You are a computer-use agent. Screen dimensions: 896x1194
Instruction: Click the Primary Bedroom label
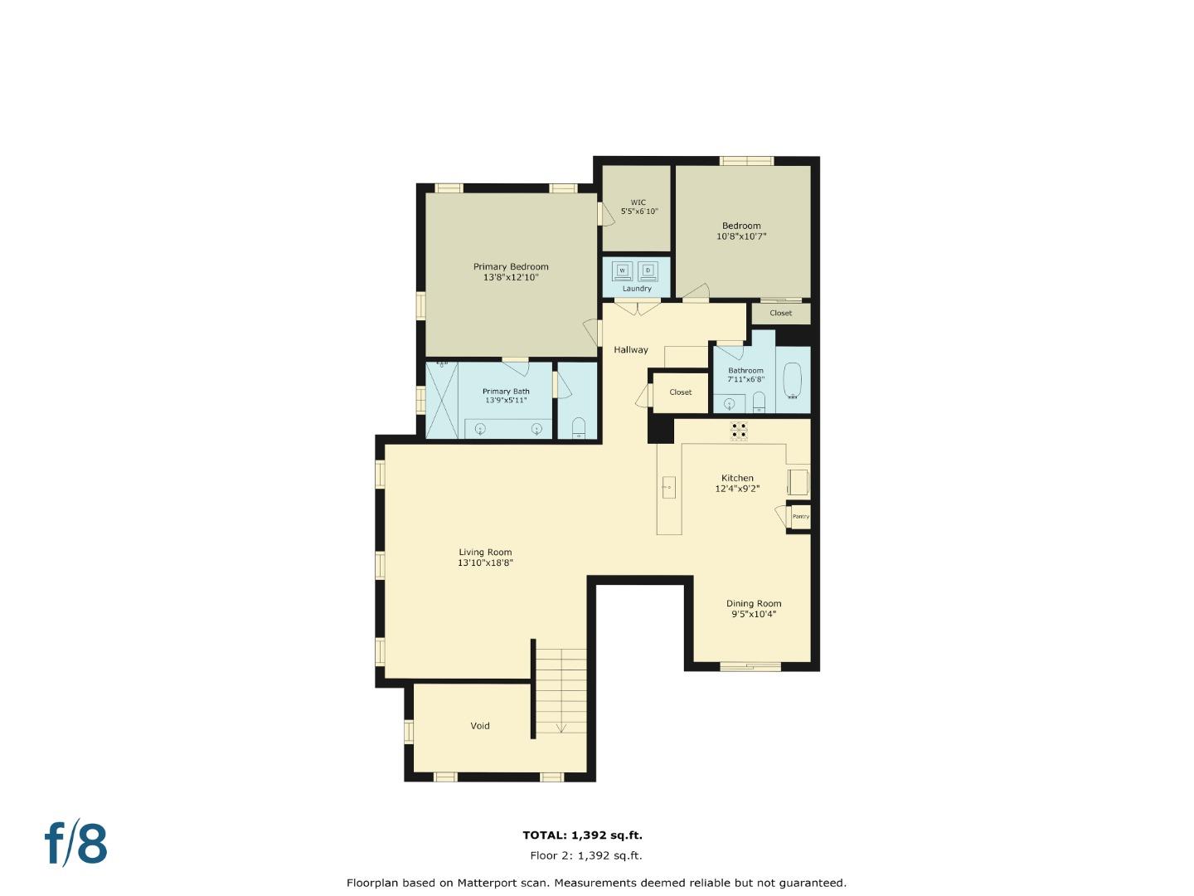pyautogui.click(x=511, y=267)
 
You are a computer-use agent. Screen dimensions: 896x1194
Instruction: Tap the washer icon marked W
pyautogui.click(x=622, y=270)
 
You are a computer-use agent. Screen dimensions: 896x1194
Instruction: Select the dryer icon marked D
pyautogui.click(x=648, y=270)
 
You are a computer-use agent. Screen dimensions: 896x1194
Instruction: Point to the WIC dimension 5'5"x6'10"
pyautogui.click(x=639, y=212)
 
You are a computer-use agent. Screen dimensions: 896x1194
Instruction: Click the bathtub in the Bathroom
pyautogui.click(x=793, y=382)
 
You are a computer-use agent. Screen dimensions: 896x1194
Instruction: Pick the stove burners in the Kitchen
pyautogui.click(x=738, y=430)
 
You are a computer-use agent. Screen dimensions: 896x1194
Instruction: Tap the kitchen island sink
pyautogui.click(x=669, y=488)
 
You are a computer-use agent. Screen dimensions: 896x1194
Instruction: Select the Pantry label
pyautogui.click(x=800, y=517)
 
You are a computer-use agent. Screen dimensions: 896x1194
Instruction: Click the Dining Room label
pyautogui.click(x=754, y=604)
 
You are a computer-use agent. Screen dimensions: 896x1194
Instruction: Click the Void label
pyautogui.click(x=480, y=726)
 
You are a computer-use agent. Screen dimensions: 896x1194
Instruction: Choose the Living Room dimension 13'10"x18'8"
pyautogui.click(x=486, y=562)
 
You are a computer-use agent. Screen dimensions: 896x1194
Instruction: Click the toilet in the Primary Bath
pyautogui.click(x=579, y=428)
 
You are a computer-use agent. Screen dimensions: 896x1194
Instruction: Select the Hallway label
pyautogui.click(x=631, y=350)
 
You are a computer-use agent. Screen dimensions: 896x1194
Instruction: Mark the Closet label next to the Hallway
pyautogui.click(x=680, y=392)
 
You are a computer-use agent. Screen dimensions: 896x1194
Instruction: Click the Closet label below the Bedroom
pyautogui.click(x=780, y=314)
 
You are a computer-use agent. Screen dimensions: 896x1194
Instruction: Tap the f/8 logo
pyautogui.click(x=75, y=844)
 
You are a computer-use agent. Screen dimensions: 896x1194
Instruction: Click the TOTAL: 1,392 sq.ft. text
pyautogui.click(x=582, y=835)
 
